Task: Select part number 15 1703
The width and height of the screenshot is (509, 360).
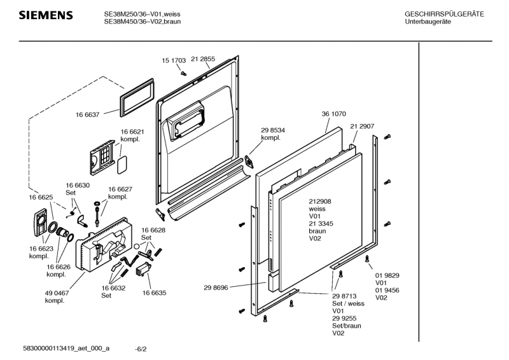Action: point(173,60)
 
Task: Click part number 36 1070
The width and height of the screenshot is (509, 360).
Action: point(333,114)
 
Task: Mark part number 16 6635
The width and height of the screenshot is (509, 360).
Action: point(154,293)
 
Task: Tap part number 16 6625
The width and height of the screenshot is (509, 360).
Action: point(40,198)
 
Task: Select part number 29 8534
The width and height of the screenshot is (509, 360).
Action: point(273,130)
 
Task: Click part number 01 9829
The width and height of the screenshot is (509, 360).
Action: point(386,275)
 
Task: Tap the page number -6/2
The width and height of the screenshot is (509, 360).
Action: point(141,349)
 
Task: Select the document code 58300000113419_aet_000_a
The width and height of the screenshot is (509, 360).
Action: point(66,349)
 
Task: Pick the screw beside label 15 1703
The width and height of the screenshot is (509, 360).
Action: point(183,73)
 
